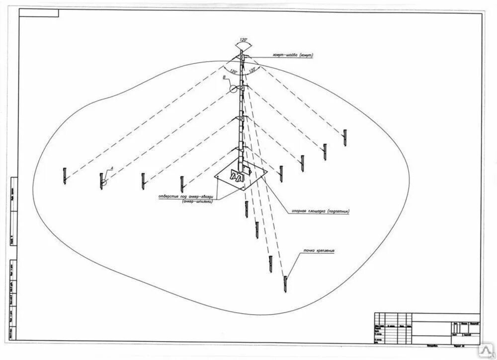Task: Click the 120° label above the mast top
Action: tap(243, 38)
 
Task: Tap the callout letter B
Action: tap(225, 78)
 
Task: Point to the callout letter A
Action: tap(112, 169)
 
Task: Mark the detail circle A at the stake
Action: tap(103, 182)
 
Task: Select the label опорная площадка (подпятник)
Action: tap(318, 210)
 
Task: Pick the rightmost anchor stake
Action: tap(345, 137)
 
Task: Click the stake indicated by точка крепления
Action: tap(285, 284)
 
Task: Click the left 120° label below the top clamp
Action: tap(233, 72)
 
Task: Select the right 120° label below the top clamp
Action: tap(252, 70)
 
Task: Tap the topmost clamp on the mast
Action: tap(242, 58)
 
